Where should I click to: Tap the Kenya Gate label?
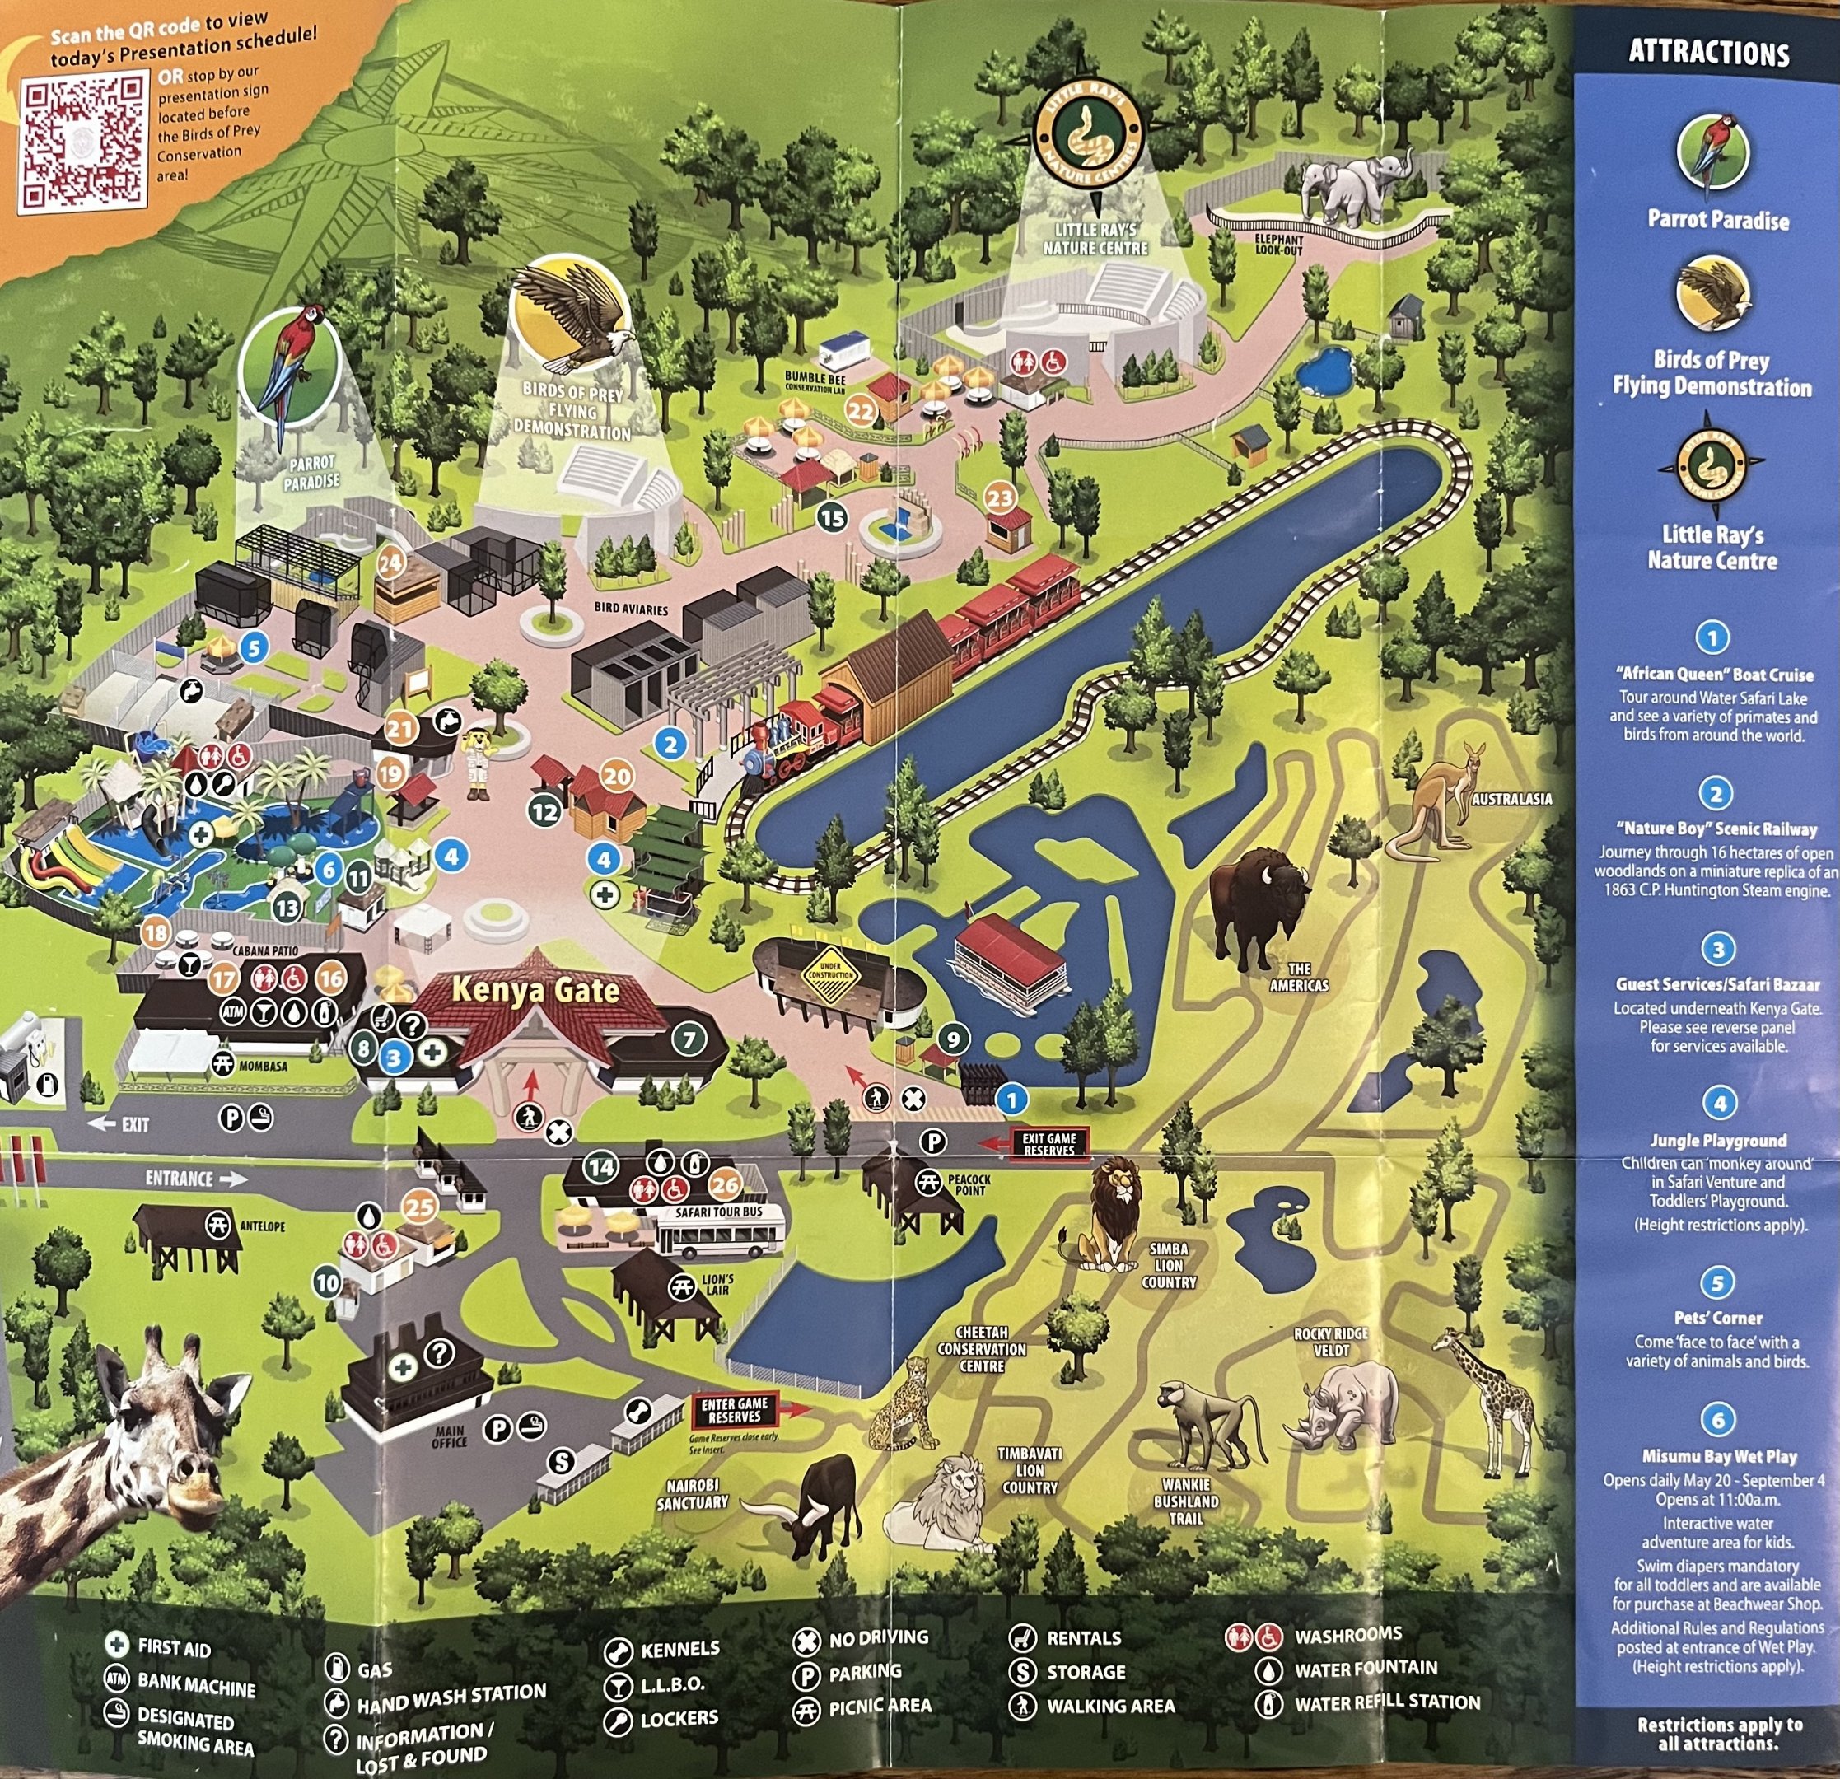(x=535, y=989)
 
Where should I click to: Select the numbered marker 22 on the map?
(x=861, y=410)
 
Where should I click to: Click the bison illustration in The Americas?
(x=1256, y=906)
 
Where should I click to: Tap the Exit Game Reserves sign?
(x=1049, y=1143)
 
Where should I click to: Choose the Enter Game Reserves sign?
(x=734, y=1409)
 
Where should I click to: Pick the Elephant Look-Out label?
(x=1278, y=245)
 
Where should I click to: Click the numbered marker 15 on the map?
(x=832, y=517)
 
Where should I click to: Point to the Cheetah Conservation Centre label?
(x=982, y=1349)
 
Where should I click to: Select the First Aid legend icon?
(x=116, y=1644)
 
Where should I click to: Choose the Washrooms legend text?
(x=1348, y=1636)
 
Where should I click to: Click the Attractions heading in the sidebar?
(x=1708, y=53)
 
